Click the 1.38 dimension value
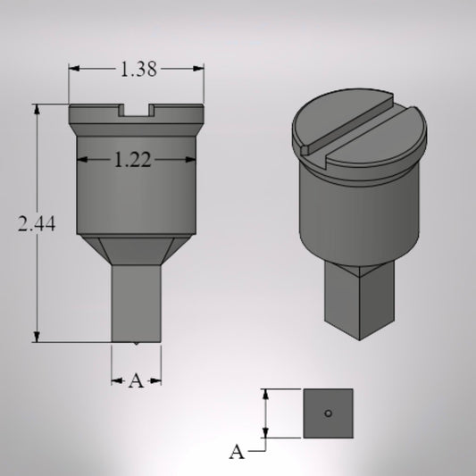[138, 70]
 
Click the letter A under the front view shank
[136, 381]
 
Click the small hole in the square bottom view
[329, 413]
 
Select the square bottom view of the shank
[328, 413]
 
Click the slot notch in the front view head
[137, 111]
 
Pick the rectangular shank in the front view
[137, 304]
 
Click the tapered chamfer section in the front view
[137, 251]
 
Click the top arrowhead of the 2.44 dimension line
[38, 110]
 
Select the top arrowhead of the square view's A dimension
[265, 394]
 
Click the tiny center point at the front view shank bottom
[136, 343]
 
